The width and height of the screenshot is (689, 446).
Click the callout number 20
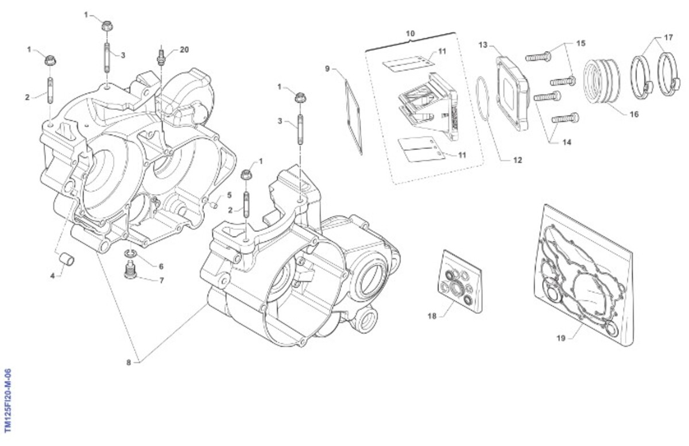(184, 50)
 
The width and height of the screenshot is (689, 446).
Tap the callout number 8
(129, 362)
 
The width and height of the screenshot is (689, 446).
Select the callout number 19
(561, 338)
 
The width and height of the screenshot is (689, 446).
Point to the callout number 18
(432, 316)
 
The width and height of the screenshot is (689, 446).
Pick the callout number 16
(634, 114)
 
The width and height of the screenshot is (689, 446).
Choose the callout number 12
(517, 160)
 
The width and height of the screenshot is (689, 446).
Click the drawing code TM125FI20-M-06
(7, 401)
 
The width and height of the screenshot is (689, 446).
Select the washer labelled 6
(131, 253)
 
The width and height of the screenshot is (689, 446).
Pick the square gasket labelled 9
(354, 117)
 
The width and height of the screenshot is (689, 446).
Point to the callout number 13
(482, 44)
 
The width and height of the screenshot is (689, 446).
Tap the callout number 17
(668, 37)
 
